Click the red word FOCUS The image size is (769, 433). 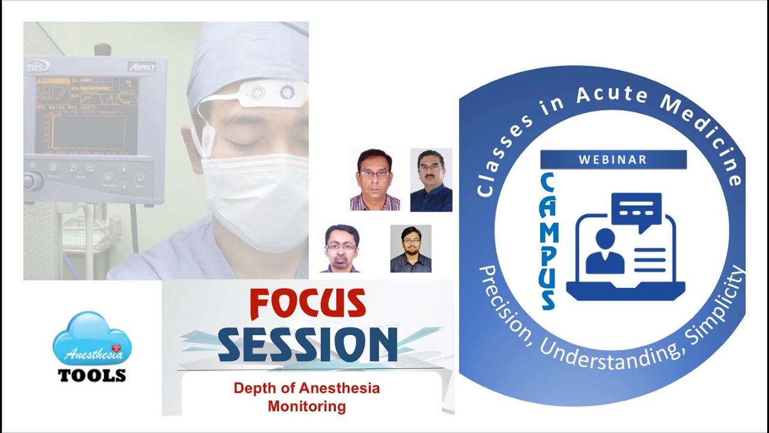308,304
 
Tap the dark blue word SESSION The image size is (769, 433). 308,345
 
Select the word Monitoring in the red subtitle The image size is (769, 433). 306,407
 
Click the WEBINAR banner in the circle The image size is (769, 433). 613,159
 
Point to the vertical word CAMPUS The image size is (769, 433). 547,241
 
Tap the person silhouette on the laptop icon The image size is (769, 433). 604,253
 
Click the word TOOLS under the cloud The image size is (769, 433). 92,375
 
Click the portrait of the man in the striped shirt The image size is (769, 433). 374,179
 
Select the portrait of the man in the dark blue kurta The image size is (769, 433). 431,180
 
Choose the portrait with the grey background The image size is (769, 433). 410,249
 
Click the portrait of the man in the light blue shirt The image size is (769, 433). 341,249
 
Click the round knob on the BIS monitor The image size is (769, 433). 34,179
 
